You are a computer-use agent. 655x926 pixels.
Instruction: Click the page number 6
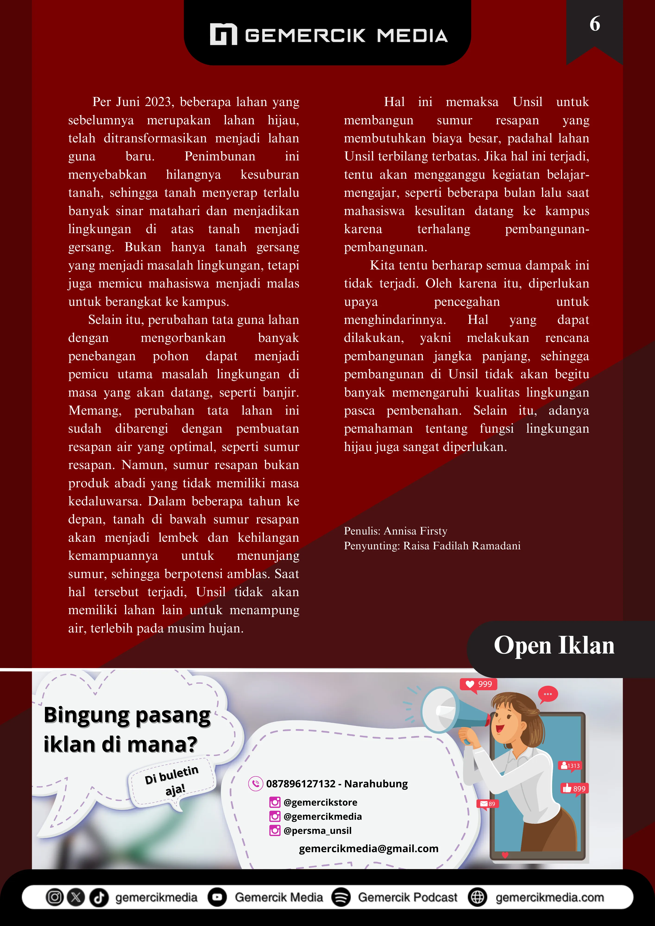pyautogui.click(x=595, y=24)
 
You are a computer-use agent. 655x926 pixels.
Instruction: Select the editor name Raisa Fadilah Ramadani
pyautogui.click(x=462, y=546)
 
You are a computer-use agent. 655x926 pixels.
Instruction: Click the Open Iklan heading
pyautogui.click(x=554, y=646)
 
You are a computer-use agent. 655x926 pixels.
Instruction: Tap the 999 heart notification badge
pyautogui.click(x=479, y=684)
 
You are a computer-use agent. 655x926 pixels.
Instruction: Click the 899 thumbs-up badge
pyautogui.click(x=574, y=788)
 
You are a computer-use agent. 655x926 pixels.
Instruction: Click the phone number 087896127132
pyautogui.click(x=301, y=784)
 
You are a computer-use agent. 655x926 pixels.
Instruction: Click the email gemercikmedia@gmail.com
pyautogui.click(x=368, y=849)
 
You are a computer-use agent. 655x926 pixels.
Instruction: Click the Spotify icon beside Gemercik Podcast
pyautogui.click(x=341, y=897)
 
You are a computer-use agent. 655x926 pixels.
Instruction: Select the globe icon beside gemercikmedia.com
pyautogui.click(x=477, y=897)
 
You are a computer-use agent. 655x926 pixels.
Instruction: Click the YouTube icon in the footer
pyautogui.click(x=217, y=897)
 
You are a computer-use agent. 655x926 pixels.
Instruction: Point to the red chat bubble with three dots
pyautogui.click(x=548, y=694)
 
